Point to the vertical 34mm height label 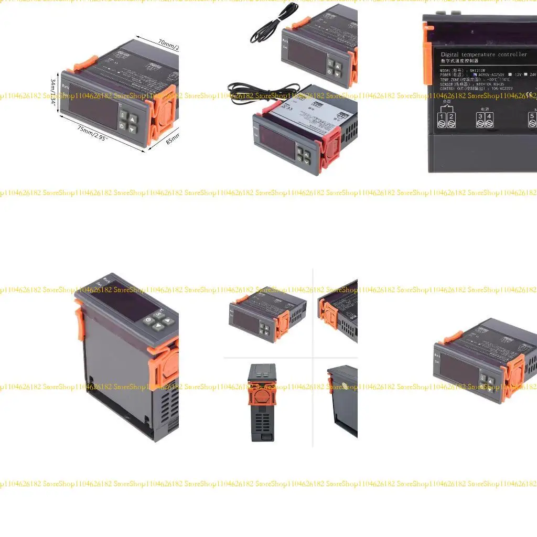click(53, 91)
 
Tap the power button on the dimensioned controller click(122, 126)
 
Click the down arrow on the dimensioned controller click(133, 128)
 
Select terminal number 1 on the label click(442, 116)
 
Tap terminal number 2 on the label click(451, 116)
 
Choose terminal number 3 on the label click(480, 116)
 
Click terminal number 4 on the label click(489, 116)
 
